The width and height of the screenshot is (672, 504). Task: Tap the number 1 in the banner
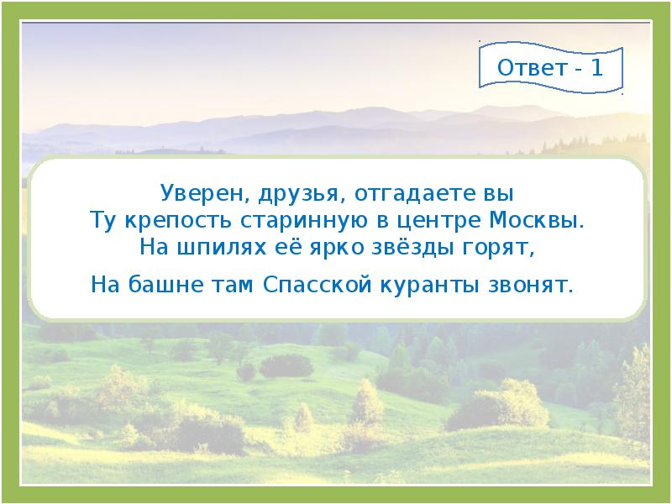point(596,68)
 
